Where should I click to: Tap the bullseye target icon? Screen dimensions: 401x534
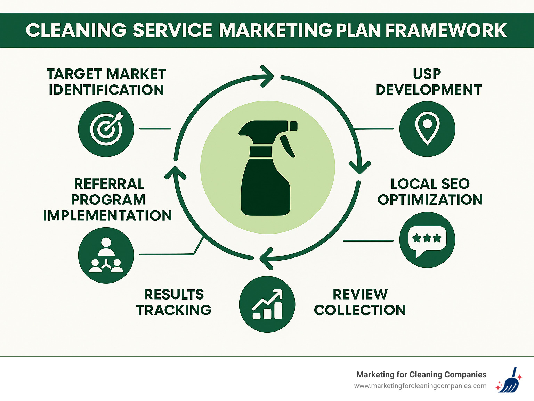pyautogui.click(x=106, y=129)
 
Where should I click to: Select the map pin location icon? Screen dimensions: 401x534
pyautogui.click(x=427, y=129)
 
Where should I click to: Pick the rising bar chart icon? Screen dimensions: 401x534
pyautogui.click(x=267, y=304)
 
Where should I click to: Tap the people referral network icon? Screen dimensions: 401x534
pyautogui.click(x=106, y=255)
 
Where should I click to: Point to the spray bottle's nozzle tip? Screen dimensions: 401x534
pyautogui.click(x=293, y=126)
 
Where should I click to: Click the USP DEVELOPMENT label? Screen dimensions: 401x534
pyautogui.click(x=428, y=82)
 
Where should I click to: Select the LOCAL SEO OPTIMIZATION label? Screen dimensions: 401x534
pyautogui.click(x=430, y=192)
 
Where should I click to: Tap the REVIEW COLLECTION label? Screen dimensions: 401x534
pyautogui.click(x=360, y=302)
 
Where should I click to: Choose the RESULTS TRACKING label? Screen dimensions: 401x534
pyautogui.click(x=173, y=302)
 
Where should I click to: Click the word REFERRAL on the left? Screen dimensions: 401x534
pyautogui.click(x=109, y=184)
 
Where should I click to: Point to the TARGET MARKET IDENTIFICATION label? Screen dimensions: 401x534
pyautogui.click(x=106, y=82)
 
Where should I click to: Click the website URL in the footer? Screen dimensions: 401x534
pyautogui.click(x=420, y=386)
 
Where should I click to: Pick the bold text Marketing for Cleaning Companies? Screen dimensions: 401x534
pyautogui.click(x=421, y=375)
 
